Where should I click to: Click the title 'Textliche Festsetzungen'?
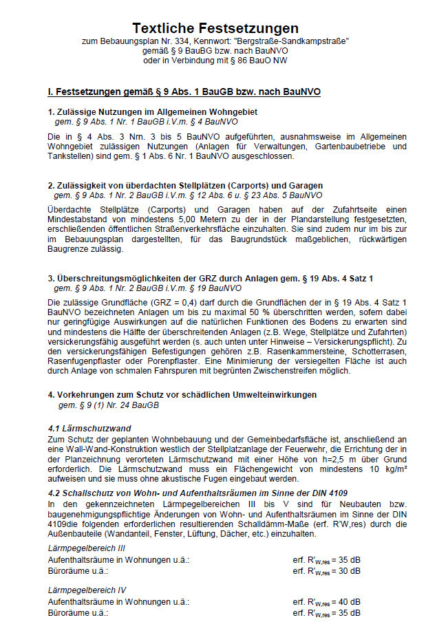[x=215, y=28]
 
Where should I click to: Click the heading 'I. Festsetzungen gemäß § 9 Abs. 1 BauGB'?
[x=184, y=91]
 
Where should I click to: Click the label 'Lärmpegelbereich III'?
[x=87, y=548]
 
